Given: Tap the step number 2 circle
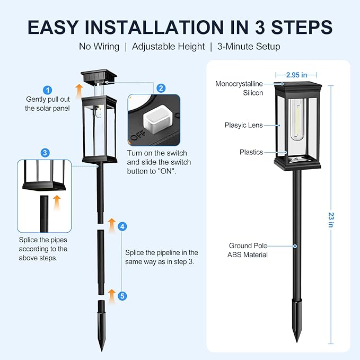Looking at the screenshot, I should (161, 89).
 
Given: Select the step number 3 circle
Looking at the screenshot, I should (45, 152).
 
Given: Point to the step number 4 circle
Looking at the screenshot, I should (122, 226).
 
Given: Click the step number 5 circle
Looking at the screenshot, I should (122, 296).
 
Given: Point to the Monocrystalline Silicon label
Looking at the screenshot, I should (239, 88).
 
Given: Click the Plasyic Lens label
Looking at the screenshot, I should (243, 125).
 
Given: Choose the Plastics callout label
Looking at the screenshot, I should (251, 152).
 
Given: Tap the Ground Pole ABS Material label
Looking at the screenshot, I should (248, 250).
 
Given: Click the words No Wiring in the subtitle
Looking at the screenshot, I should (99, 47).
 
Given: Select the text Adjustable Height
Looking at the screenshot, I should (168, 47).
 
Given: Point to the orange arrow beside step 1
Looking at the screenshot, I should (78, 91).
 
